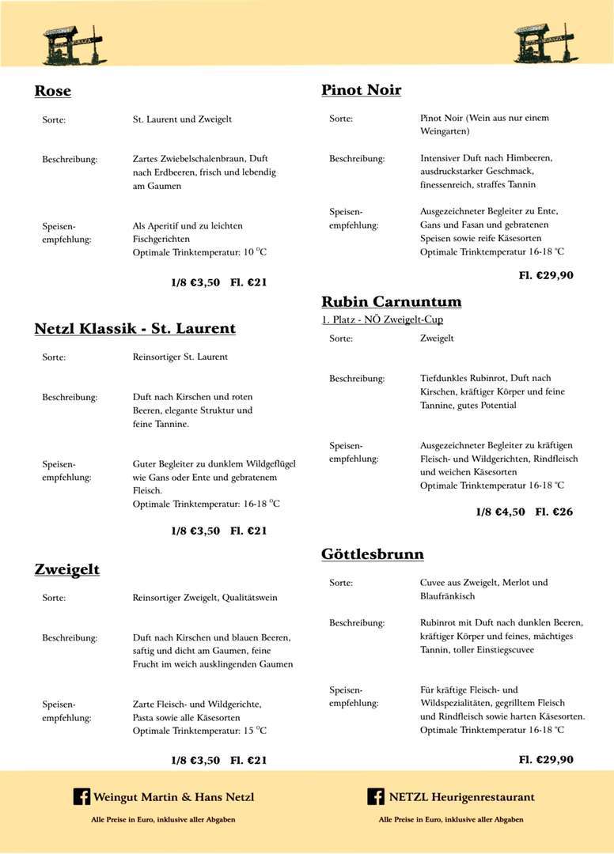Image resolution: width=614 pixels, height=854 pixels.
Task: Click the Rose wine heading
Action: click(53, 91)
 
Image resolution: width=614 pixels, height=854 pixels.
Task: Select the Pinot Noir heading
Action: click(361, 90)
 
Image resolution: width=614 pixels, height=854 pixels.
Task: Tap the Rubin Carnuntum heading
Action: click(391, 301)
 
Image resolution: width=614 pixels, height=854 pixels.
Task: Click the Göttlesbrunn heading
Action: click(372, 554)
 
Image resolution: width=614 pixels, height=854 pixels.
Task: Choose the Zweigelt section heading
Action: click(67, 569)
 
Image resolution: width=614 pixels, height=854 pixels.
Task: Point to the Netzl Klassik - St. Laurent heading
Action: click(135, 328)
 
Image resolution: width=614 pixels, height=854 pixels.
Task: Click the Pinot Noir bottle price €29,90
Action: click(546, 275)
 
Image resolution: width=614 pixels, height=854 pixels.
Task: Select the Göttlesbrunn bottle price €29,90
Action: click(546, 759)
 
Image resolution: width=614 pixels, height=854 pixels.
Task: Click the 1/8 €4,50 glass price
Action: click(500, 512)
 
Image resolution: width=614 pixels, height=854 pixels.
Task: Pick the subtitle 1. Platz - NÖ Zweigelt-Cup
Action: click(382, 319)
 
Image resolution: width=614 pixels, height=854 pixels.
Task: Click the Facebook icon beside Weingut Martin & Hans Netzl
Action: click(81, 796)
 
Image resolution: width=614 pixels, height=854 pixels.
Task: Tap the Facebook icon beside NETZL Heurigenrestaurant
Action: click(376, 796)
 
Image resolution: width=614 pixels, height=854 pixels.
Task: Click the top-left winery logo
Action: click(74, 44)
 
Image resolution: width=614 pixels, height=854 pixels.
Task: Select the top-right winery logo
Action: click(545, 43)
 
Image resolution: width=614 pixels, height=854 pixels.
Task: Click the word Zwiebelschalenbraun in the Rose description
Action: click(201, 159)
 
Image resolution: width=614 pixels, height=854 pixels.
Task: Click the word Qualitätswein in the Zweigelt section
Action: click(249, 598)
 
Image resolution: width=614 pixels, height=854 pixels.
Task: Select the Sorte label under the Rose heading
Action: click(54, 119)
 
